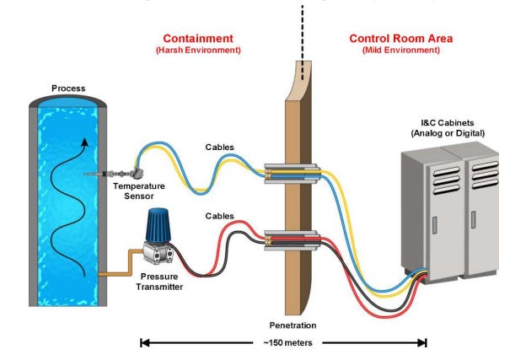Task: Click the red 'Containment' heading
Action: tap(198, 39)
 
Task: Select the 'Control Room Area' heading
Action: tap(400, 39)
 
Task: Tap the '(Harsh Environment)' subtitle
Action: tap(198, 51)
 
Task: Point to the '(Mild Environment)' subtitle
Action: tap(400, 51)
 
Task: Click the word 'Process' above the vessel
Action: tap(67, 88)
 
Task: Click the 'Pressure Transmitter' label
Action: tap(158, 282)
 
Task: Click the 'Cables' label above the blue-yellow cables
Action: tap(220, 148)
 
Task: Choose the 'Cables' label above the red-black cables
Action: tap(220, 217)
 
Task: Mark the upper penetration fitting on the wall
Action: tap(291, 172)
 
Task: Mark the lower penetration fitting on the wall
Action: tap(291, 240)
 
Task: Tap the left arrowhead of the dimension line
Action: tap(144, 343)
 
